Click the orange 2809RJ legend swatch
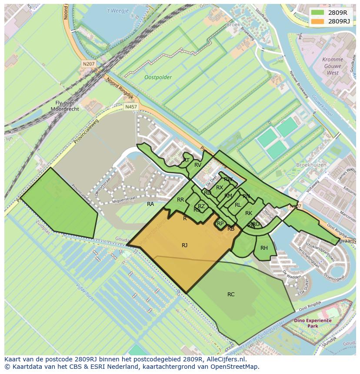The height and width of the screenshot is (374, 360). click(x=318, y=21)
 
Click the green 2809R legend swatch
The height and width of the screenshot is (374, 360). click(x=318, y=13)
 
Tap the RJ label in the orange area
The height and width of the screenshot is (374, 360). click(x=185, y=245)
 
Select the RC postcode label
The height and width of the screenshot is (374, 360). click(x=231, y=295)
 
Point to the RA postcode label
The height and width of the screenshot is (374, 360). click(x=150, y=204)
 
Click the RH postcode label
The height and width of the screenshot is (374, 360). click(x=264, y=248)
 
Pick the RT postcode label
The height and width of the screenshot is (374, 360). click(x=186, y=160)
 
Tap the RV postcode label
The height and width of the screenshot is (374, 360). click(x=198, y=165)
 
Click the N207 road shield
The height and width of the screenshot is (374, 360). click(x=88, y=64)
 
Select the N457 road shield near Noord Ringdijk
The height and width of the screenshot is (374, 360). click(x=130, y=106)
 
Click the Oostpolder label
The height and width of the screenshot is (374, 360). click(x=158, y=77)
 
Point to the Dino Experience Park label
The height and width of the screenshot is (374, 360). click(x=312, y=323)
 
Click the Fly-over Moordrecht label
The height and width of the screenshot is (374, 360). click(x=64, y=106)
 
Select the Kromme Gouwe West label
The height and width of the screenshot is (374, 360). click(x=333, y=66)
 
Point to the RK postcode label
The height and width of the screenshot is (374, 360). click(x=249, y=213)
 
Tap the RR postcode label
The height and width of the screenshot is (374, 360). click(x=180, y=200)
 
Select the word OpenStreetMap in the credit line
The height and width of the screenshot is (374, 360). click(x=237, y=367)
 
